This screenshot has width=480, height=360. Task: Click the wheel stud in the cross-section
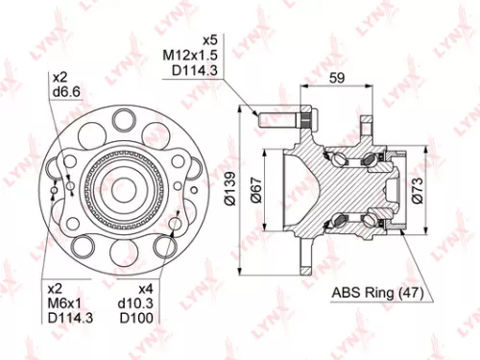point(286,121)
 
